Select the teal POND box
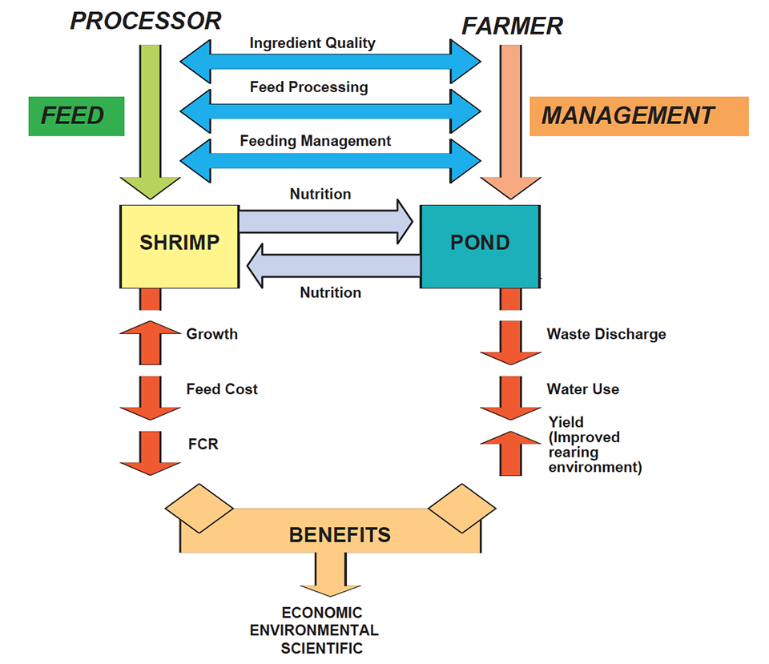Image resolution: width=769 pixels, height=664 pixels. (x=480, y=246)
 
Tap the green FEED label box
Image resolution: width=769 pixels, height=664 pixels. (x=76, y=116)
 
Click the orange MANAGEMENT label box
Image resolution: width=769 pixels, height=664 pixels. (x=638, y=116)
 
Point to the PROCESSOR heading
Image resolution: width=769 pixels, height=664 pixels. (x=145, y=21)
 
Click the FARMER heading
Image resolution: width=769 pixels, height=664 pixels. (x=512, y=26)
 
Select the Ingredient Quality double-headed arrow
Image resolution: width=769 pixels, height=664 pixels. (x=329, y=59)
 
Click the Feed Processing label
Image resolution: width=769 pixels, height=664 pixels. (x=308, y=87)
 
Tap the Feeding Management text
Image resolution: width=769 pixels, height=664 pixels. (x=315, y=141)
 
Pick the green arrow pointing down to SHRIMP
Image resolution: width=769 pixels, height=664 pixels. (x=150, y=120)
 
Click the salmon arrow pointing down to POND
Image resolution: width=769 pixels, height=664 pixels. (x=509, y=120)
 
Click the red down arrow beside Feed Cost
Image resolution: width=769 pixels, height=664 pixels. (x=150, y=395)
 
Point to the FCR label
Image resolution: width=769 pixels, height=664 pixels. (x=202, y=443)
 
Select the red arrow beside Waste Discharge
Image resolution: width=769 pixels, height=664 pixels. (x=510, y=340)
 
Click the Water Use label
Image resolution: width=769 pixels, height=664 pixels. (x=582, y=389)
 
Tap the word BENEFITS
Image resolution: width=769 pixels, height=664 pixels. (x=340, y=533)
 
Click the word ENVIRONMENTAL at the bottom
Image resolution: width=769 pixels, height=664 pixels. (x=314, y=630)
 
